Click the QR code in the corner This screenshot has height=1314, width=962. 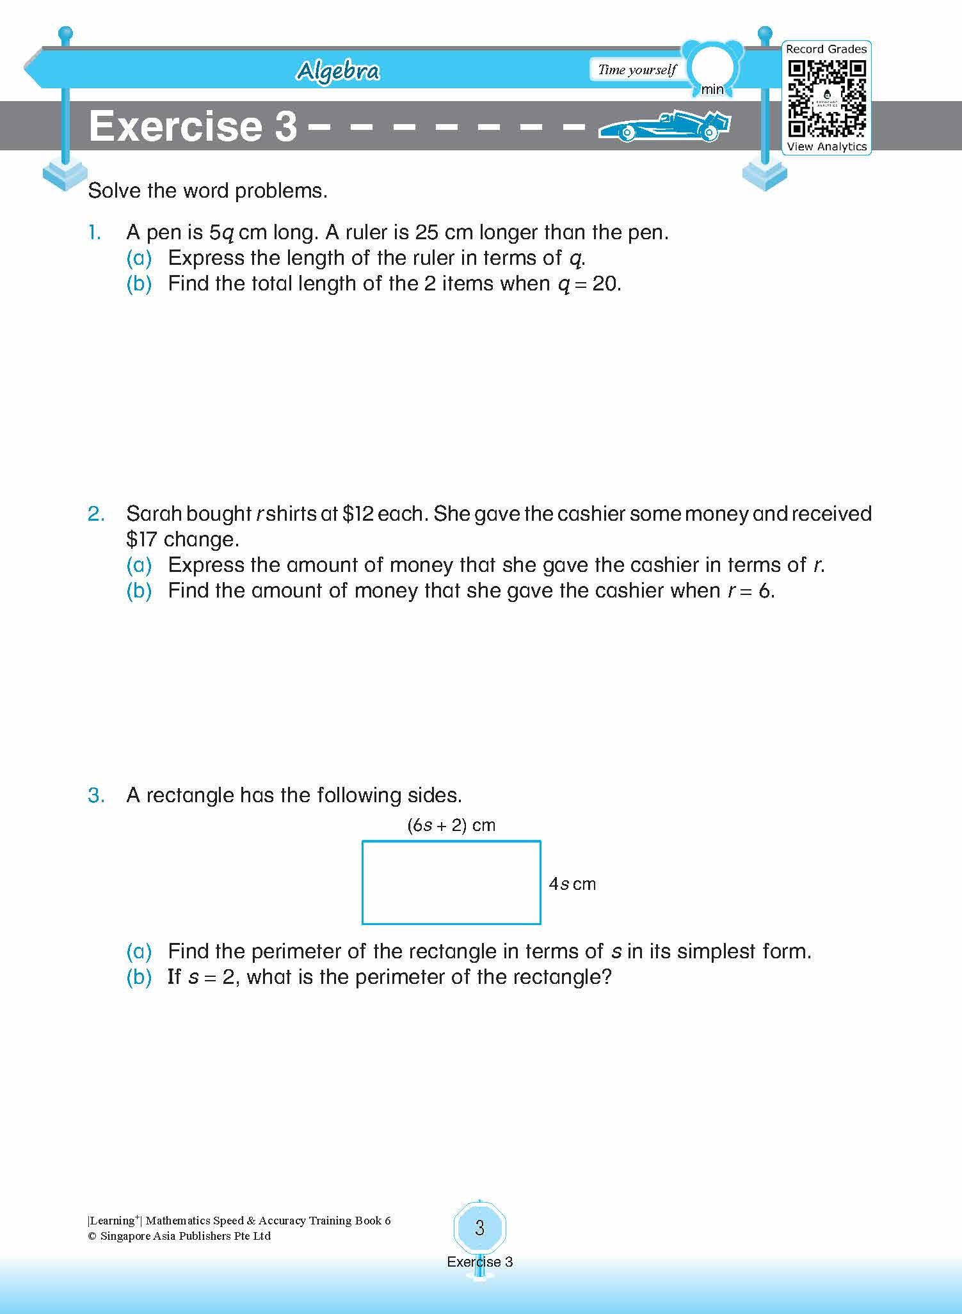click(x=826, y=98)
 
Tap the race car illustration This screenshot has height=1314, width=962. click(x=664, y=126)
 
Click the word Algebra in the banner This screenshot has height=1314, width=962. click(x=338, y=71)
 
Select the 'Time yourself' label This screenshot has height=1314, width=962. click(x=637, y=70)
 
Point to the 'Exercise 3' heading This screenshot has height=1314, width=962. click(x=193, y=126)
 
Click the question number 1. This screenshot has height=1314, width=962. click(x=95, y=233)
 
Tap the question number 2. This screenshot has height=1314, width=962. click(x=96, y=514)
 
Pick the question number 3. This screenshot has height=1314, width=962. click(x=96, y=796)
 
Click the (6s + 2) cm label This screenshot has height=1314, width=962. click(x=451, y=825)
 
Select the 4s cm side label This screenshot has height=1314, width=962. click(x=572, y=884)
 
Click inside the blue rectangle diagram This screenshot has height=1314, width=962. click(x=451, y=883)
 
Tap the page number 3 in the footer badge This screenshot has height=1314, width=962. click(x=480, y=1228)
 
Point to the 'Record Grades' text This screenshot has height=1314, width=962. click(x=826, y=49)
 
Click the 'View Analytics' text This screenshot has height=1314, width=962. click(x=826, y=146)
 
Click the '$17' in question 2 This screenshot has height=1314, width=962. click(x=141, y=540)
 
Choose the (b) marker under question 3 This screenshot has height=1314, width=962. click(x=139, y=978)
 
